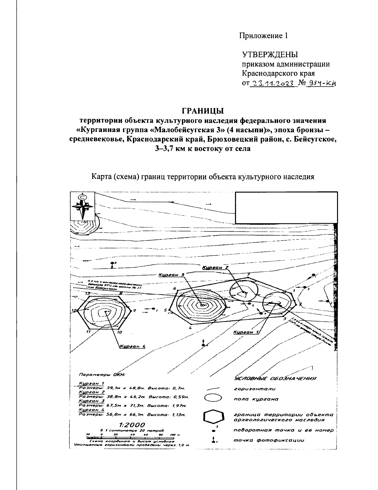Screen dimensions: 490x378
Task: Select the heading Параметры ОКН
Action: coord(102,375)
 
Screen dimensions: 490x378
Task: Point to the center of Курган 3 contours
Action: coord(202,305)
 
